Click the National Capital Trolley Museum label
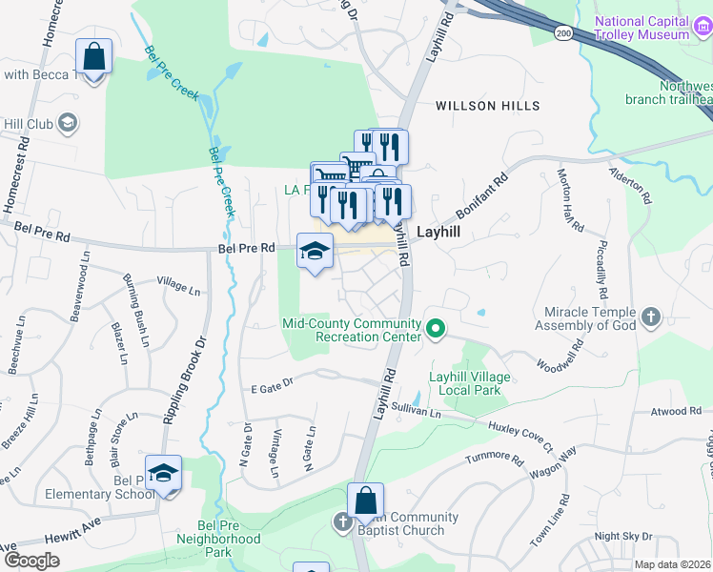pos(655,28)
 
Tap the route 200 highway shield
pos(564,33)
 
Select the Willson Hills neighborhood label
pos(487,106)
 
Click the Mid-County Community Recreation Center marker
pos(437,330)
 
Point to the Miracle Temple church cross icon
pos(651,317)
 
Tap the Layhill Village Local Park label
pos(469,384)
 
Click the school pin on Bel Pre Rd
pos(316,251)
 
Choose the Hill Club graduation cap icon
pos(68,123)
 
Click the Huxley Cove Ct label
pos(519,436)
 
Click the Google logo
pos(31,561)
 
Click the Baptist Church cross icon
pos(343,522)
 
